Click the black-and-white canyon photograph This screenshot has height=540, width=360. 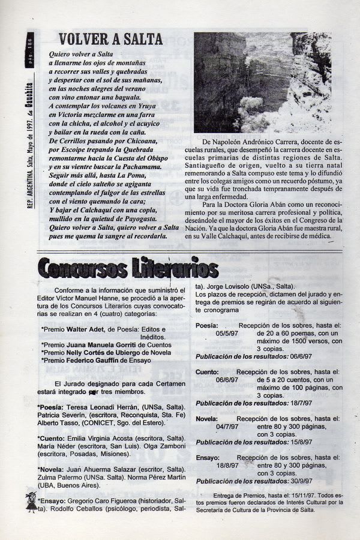pyautogui.click(x=262, y=82)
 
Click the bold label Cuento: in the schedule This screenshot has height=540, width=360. pyautogui.click(x=207, y=372)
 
